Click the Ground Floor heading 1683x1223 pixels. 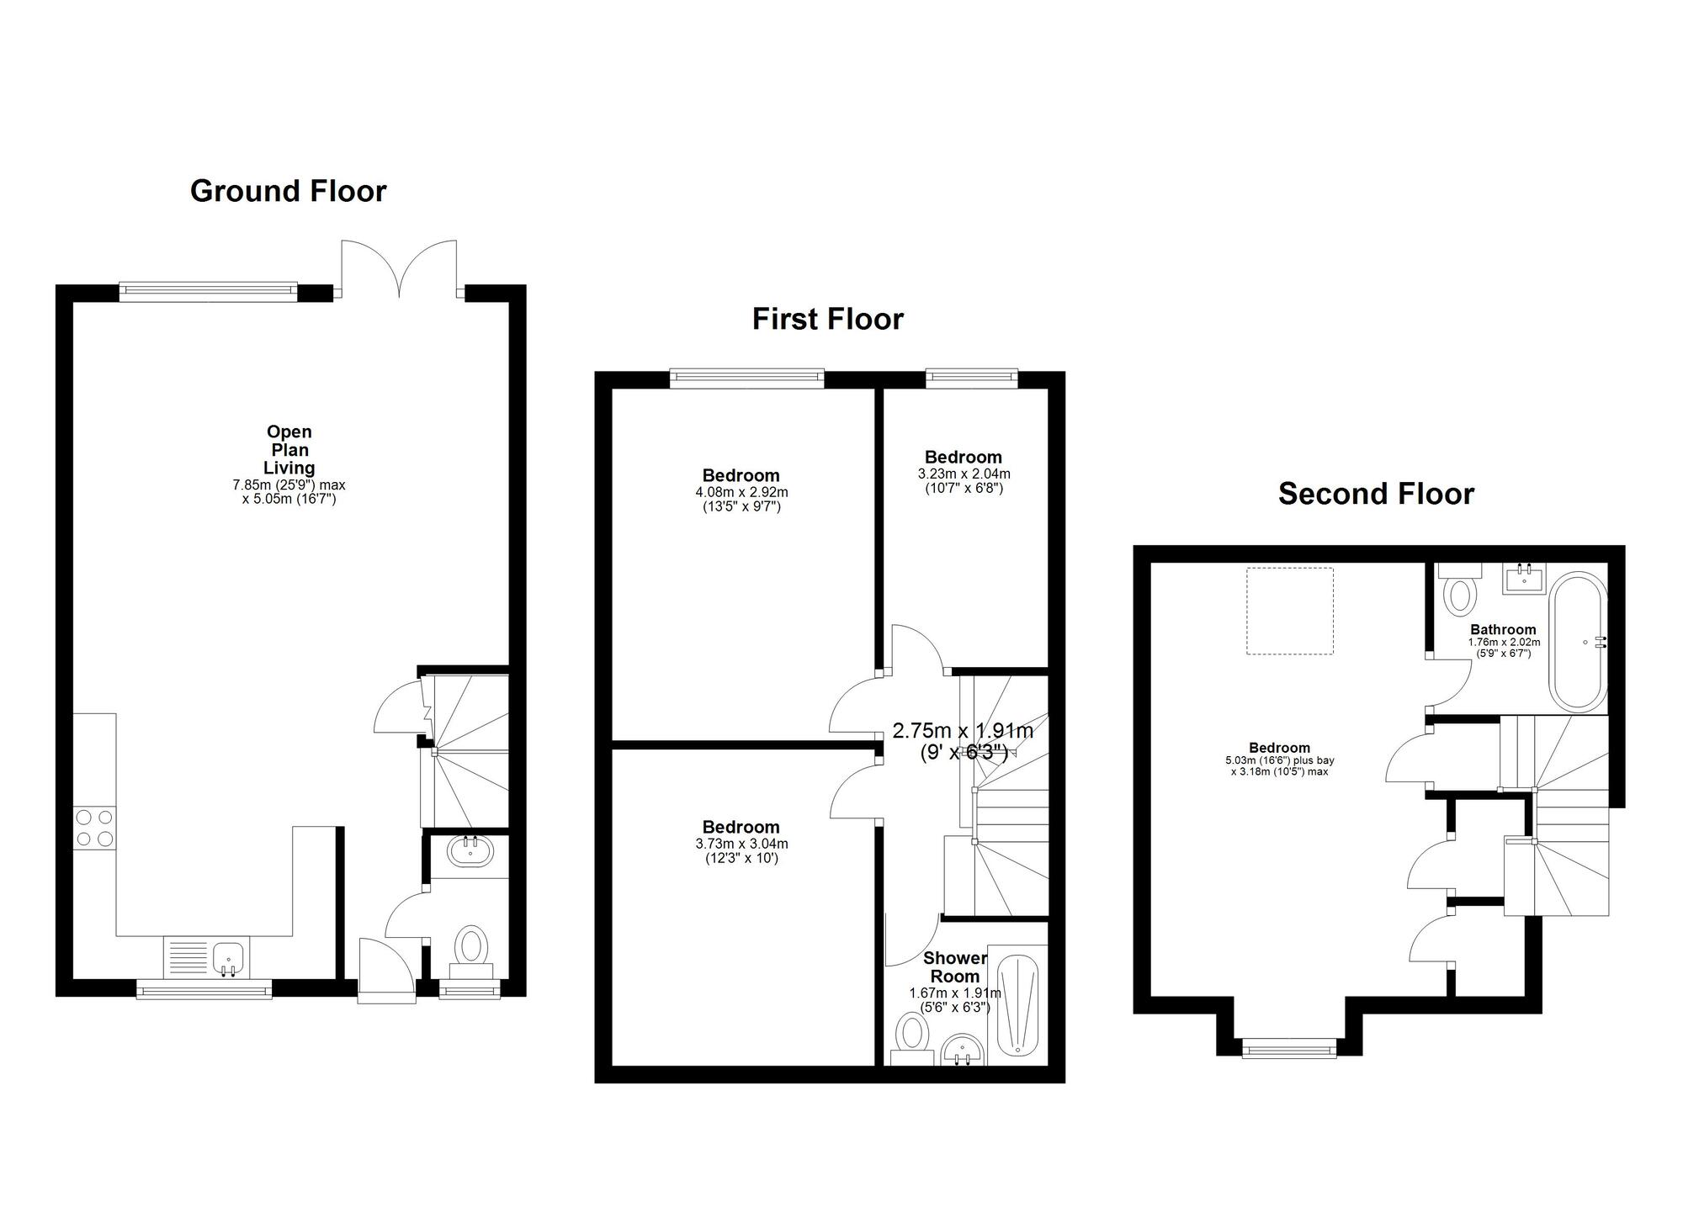coord(288,191)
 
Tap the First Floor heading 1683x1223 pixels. coord(827,320)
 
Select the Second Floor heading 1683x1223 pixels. coord(1376,494)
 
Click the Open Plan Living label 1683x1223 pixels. coord(289,450)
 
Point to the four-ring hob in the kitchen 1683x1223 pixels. coord(94,827)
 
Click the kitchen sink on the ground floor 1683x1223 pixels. coord(228,958)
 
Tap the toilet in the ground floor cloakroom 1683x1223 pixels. coord(472,946)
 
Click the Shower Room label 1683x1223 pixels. coord(955,967)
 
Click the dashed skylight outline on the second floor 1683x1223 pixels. coord(1289,611)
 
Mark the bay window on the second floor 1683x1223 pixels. coord(1288,1047)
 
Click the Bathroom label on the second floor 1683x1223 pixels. coord(1503,630)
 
